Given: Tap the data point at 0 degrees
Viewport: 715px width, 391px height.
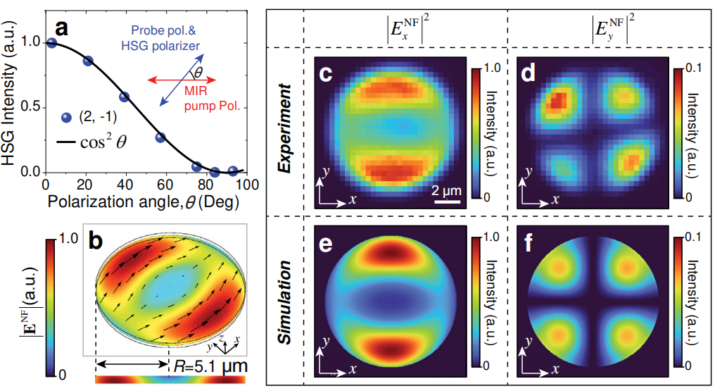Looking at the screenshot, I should (51, 42).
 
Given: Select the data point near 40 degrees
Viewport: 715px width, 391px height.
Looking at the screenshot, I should (125, 97).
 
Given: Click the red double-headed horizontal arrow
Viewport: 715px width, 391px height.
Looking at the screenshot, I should (181, 81).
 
